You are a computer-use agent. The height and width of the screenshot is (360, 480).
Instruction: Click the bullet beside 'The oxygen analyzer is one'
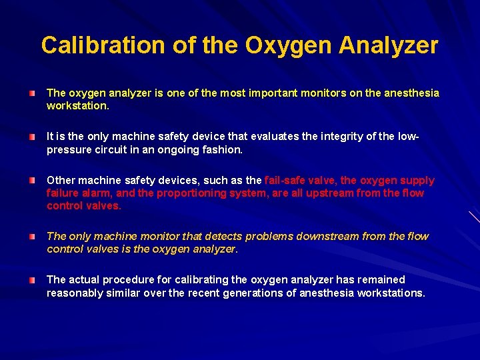click(x=32, y=93)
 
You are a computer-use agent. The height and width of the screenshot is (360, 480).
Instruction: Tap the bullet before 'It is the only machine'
click(x=32, y=137)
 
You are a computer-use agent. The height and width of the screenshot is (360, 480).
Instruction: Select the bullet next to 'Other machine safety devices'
click(x=32, y=181)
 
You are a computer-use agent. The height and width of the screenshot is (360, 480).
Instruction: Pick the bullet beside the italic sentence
click(x=32, y=237)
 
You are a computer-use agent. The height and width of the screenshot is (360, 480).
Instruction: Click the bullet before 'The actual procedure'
click(x=32, y=280)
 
